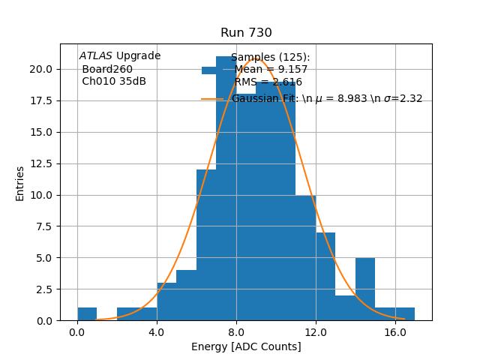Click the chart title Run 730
coord(246,33)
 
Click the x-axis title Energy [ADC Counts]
coord(246,346)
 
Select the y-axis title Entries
coord(20,183)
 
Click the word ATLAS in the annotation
coord(96,56)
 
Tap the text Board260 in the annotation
coord(107,70)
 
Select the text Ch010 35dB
coord(114,82)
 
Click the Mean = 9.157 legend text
coord(271,70)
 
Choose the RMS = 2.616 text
coord(268,82)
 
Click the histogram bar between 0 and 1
coord(87,314)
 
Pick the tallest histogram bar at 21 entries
coord(226,187)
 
